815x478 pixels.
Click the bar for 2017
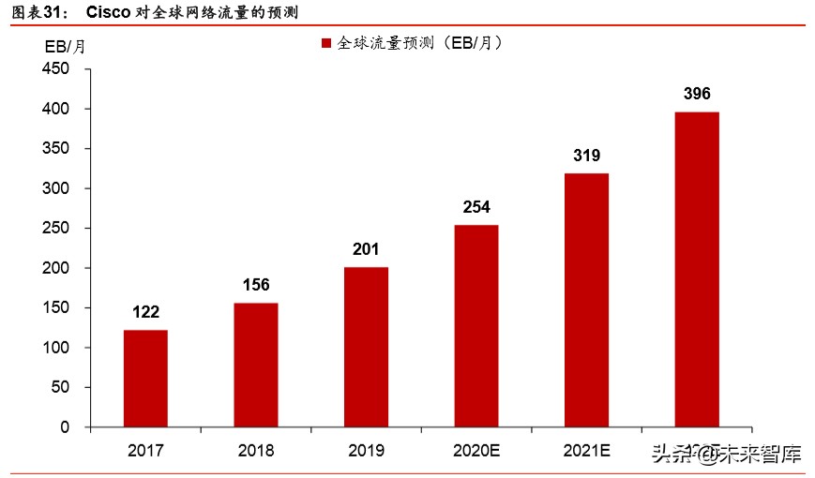[x=145, y=378]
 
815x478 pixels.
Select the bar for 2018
[x=255, y=365]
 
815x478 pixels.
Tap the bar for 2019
[x=366, y=347]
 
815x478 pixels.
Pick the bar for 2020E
[x=476, y=325]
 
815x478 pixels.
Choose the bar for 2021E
[x=586, y=300]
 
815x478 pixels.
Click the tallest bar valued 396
[x=697, y=269]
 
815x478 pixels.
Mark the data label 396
[x=697, y=94]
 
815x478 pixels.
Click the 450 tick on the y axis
[x=56, y=69]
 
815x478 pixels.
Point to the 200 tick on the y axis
[x=56, y=268]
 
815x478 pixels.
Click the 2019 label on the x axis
[x=366, y=451]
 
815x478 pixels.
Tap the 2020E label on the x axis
[x=476, y=451]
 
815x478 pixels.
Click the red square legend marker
[x=326, y=44]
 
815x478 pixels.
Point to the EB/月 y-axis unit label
[x=65, y=47]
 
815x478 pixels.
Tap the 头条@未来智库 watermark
[x=727, y=456]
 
